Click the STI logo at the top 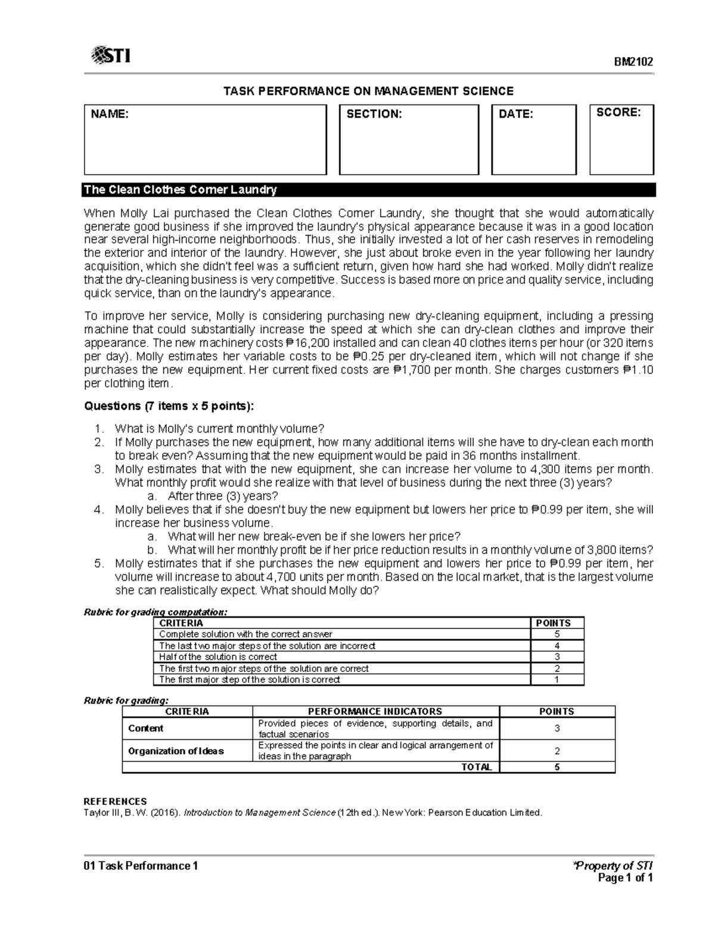(111, 56)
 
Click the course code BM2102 (635, 61)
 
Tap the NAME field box (205, 140)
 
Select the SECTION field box (409, 140)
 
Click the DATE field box (533, 140)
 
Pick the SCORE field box (621, 140)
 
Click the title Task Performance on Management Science (368, 91)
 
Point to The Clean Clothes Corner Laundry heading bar (369, 190)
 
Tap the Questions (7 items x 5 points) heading (169, 406)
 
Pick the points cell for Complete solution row (557, 634)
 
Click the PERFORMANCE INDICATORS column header (375, 711)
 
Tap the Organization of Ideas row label (176, 751)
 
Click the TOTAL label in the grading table (476, 767)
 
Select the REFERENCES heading (115, 801)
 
